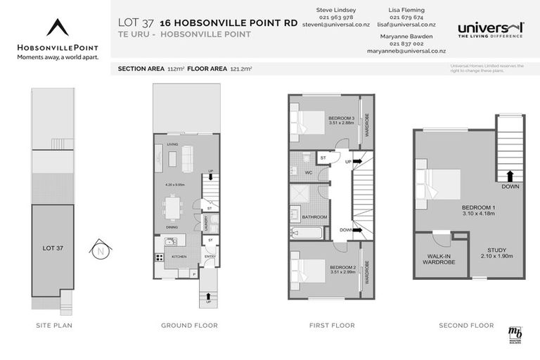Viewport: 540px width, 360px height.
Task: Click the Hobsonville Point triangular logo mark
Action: [58, 27]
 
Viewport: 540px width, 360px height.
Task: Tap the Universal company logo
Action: [490, 29]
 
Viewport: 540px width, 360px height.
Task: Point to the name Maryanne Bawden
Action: [406, 35]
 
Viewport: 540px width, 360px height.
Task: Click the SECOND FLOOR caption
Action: [466, 326]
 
